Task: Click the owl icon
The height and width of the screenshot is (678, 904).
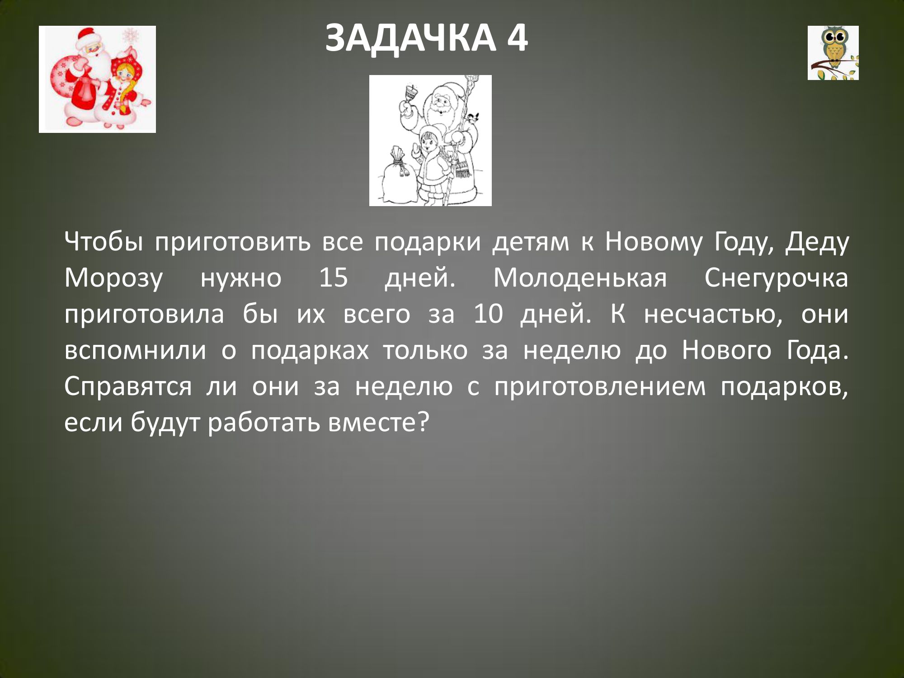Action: tap(833, 53)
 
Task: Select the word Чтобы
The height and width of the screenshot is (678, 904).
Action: tap(104, 241)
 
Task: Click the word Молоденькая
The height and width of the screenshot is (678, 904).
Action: tap(580, 278)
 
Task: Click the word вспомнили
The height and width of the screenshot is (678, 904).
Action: tap(135, 350)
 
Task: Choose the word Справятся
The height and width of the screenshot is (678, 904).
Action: tap(128, 387)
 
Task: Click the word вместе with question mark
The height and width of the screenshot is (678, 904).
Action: tap(378, 423)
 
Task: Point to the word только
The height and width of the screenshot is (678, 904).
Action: tap(425, 350)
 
